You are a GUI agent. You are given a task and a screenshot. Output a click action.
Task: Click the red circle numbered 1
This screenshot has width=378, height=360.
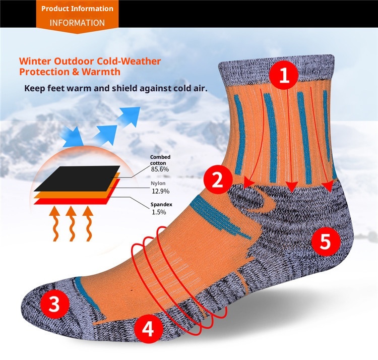click(284, 75)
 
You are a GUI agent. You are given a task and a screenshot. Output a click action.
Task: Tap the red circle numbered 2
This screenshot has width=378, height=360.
click(218, 179)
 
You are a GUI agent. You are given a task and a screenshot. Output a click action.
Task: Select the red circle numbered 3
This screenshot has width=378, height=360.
click(55, 304)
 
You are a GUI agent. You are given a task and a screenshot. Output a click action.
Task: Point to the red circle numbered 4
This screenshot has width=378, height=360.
click(148, 329)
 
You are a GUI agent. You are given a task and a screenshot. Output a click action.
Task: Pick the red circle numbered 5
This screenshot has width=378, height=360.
click(326, 242)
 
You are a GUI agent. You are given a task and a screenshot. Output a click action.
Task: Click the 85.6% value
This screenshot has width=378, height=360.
click(160, 169)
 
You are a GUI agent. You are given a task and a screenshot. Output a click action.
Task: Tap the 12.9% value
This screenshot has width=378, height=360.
click(160, 191)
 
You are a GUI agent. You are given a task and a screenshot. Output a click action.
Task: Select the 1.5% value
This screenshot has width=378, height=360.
click(159, 212)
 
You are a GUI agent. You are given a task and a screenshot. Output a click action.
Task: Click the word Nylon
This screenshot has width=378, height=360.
click(158, 183)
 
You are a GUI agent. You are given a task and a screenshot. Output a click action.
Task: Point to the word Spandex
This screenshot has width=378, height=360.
click(161, 205)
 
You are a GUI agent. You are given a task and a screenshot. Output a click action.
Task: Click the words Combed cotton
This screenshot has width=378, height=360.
click(160, 160)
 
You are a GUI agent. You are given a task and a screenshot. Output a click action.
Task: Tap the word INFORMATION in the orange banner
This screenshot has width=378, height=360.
click(78, 23)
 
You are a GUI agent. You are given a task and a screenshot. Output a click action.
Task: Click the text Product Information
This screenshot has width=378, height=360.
click(78, 9)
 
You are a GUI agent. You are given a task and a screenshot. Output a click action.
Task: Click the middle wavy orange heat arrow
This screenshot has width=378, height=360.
click(71, 223)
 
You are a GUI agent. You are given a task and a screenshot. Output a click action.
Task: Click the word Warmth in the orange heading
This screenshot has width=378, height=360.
click(101, 72)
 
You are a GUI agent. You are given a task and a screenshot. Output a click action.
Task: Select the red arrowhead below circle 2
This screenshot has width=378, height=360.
click(248, 183)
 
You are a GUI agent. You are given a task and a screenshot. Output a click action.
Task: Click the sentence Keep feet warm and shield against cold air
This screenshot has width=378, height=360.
click(116, 88)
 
